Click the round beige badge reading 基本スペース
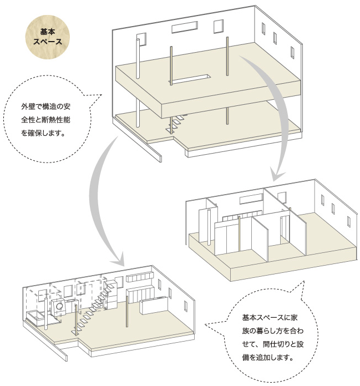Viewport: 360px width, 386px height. point(48,37)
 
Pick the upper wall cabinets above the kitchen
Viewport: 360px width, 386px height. point(139,276)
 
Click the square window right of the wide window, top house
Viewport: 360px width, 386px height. point(218,26)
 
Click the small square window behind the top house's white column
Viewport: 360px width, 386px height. point(142,39)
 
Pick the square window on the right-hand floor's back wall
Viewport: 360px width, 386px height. point(281,197)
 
